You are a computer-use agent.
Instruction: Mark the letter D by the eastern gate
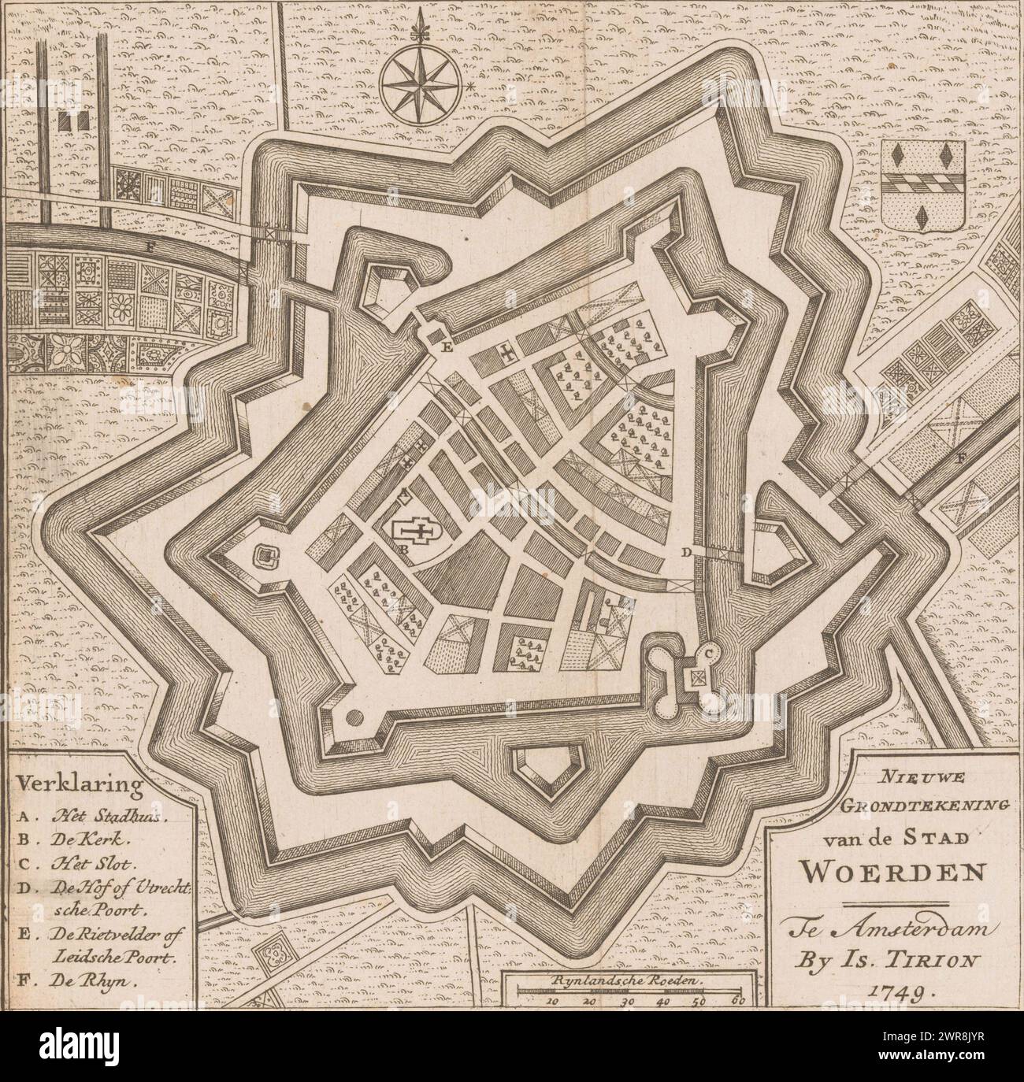686,554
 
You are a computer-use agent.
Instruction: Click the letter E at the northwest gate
447,346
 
